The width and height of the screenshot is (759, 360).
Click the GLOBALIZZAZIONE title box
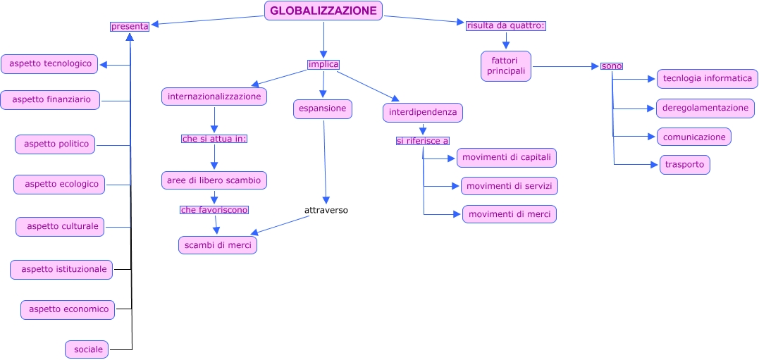click(x=323, y=11)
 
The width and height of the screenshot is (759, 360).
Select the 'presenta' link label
click(x=130, y=27)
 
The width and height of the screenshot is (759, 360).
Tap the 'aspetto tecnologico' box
click(x=49, y=64)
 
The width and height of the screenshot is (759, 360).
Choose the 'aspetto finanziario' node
click(x=50, y=99)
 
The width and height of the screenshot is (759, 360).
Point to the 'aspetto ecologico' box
click(x=59, y=185)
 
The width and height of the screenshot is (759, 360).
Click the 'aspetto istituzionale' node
click(x=61, y=270)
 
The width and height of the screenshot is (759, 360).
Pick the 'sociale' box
click(x=87, y=349)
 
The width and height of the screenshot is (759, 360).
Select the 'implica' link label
click(x=323, y=64)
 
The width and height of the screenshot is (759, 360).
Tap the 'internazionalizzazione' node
click(x=214, y=97)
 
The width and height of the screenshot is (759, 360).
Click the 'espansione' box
click(x=322, y=109)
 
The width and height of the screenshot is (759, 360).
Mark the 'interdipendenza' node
click(x=423, y=113)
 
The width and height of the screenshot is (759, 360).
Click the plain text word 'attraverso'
click(x=326, y=211)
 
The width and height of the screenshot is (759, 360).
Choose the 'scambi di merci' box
click(x=218, y=245)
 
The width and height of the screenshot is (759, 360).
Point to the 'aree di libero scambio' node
click(x=214, y=180)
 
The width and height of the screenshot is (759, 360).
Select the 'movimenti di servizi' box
click(x=510, y=186)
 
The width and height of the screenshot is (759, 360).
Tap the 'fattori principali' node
click(x=506, y=66)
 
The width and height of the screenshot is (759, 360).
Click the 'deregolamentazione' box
click(x=705, y=108)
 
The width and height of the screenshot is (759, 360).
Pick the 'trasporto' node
click(x=684, y=165)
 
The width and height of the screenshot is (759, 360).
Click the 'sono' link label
click(x=612, y=66)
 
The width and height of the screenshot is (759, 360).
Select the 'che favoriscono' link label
click(x=214, y=210)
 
